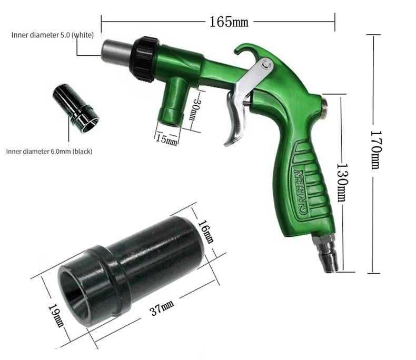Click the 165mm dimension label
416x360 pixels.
tap(229, 22)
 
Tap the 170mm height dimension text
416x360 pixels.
tap(376, 150)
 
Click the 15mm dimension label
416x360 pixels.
tap(166, 139)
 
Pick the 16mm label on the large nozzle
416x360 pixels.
tap(206, 232)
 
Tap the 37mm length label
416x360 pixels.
tap(162, 308)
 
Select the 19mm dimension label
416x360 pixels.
tap(56, 315)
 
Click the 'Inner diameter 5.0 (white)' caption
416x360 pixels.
tap(53, 35)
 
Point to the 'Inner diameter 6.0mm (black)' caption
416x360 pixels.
tap(49, 152)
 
